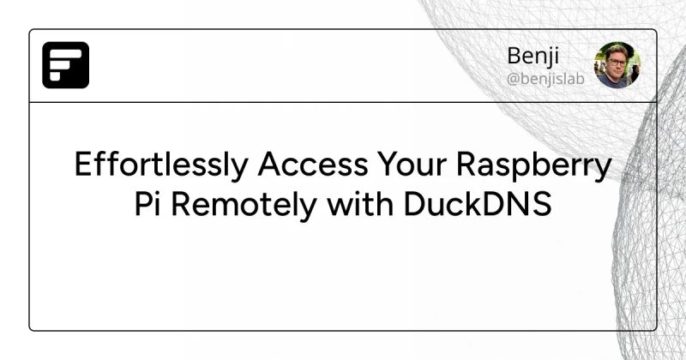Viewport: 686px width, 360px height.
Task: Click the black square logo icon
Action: click(66, 65)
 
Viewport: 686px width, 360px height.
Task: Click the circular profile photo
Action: click(617, 65)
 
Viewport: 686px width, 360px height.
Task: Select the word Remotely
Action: click(243, 206)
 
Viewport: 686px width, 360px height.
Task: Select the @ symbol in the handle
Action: click(513, 79)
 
